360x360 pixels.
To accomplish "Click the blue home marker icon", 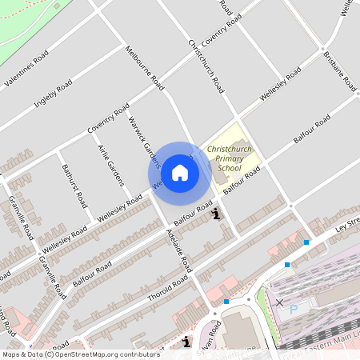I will click(180, 172).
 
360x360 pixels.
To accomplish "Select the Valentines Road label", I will click(26, 69).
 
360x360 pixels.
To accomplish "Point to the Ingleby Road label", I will click(54, 93).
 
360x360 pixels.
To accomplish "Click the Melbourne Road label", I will click(145, 67).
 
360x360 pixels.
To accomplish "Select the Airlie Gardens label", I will click(110, 165).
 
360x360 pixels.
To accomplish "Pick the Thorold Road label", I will click(166, 286).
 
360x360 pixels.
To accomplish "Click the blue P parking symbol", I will click(294, 309).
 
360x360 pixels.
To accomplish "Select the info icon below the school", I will click(214, 213).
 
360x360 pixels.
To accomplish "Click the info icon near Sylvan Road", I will click(186, 342).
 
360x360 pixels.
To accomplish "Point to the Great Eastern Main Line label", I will click(328, 340).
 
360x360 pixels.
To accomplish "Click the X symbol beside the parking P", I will click(279, 302).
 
